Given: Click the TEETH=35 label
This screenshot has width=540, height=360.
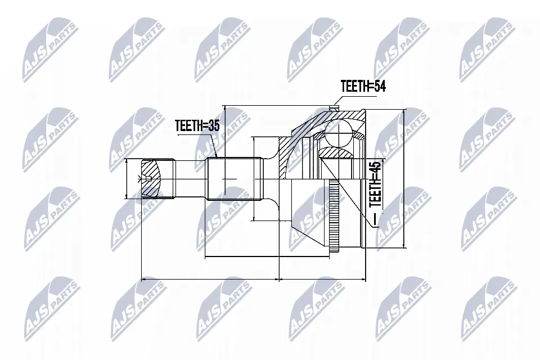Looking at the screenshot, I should pyautogui.click(x=196, y=126).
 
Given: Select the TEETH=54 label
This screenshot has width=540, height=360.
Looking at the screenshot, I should pyautogui.click(x=363, y=86).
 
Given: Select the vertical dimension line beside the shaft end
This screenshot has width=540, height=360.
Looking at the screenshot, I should pyautogui.click(x=127, y=178).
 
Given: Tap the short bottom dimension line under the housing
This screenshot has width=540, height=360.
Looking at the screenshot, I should pyautogui.click(x=323, y=278).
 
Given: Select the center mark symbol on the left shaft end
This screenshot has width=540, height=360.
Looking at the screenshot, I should pyautogui.click(x=141, y=179).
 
